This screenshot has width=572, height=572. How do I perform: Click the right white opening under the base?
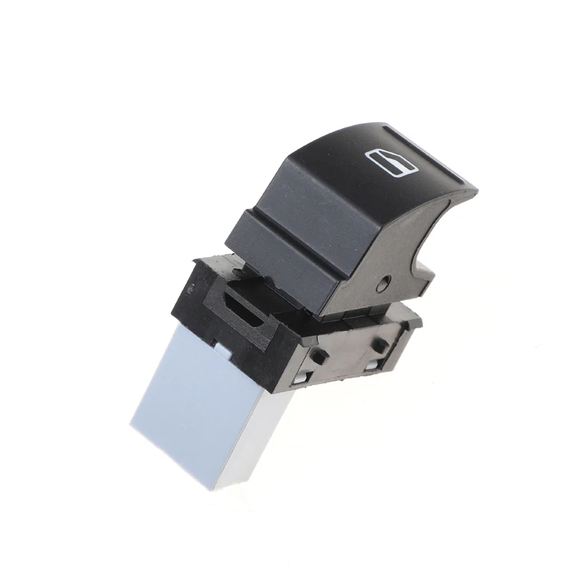tap(371, 365)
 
